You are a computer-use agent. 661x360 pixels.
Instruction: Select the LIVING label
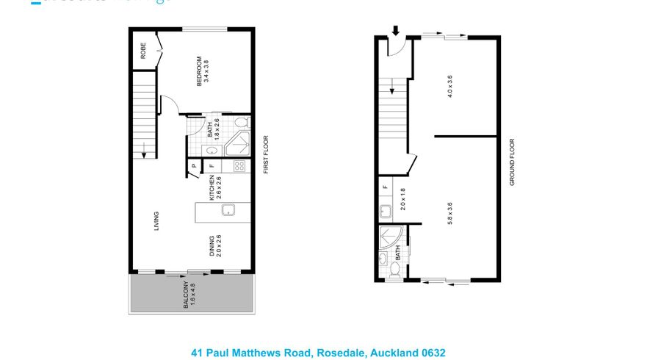coord(156,221)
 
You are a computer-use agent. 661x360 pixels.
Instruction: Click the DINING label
coord(212,246)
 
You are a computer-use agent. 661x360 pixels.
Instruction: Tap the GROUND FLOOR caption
coord(512,162)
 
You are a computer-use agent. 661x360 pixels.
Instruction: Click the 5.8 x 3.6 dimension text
coord(449,213)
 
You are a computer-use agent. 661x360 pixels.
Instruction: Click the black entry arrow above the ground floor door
coord(396,31)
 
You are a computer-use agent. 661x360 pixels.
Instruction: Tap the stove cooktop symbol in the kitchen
coord(239,166)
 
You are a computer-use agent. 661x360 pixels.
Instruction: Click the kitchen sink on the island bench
coord(228,212)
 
